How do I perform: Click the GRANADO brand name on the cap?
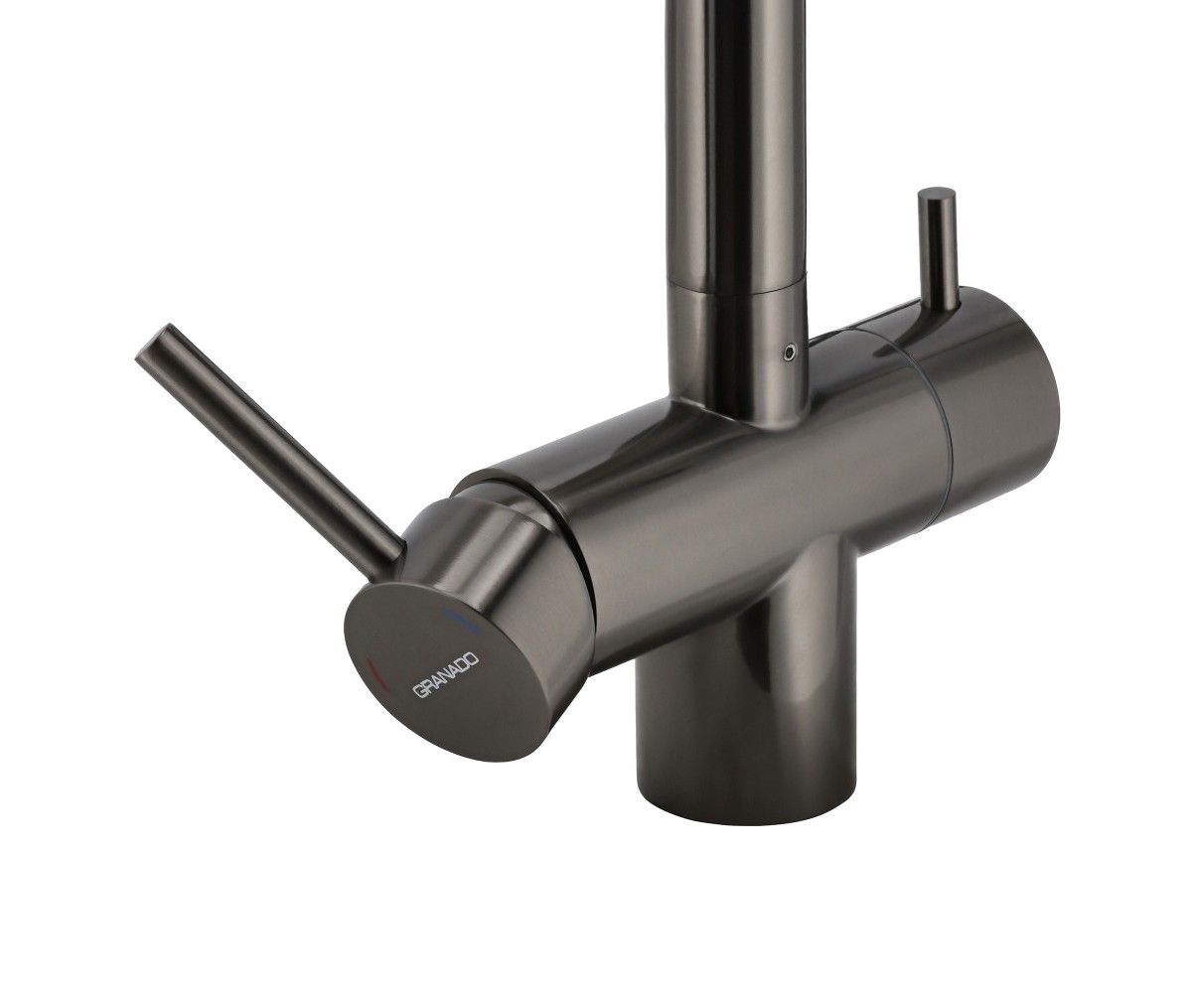pos(446,676)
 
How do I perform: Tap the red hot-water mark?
pos(378,675)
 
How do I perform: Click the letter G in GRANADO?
pos(418,692)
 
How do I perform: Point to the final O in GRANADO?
pos(472,661)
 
